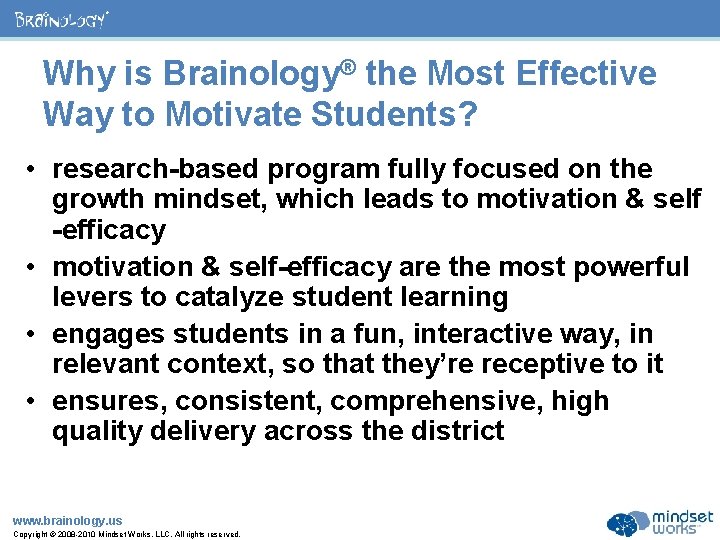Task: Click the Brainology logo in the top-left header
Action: (x=62, y=19)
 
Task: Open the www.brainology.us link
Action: (x=67, y=520)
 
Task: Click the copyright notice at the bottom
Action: (x=126, y=534)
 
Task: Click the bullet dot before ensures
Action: (x=34, y=401)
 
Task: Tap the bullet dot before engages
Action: (x=34, y=334)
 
